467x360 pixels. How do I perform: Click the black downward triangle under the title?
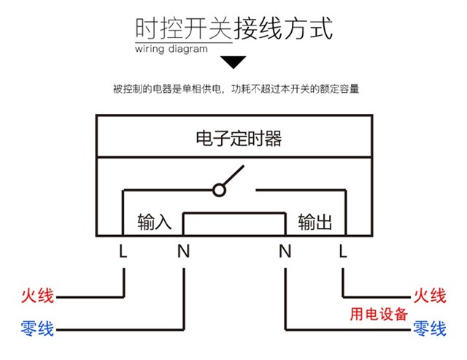coord(233,61)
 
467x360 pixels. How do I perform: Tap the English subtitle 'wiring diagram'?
coord(171,49)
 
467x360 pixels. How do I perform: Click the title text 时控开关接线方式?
coord(233,28)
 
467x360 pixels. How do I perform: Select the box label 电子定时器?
coord(239,138)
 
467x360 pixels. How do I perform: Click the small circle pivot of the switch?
coord(219,190)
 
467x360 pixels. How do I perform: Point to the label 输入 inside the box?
coord(155,222)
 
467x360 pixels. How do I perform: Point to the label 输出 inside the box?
coord(314,222)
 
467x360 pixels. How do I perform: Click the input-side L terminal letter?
coord(123,251)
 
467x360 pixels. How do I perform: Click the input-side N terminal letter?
coord(183,251)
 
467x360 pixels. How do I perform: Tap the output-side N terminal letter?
coord(285,251)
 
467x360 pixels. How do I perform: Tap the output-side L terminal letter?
coord(343,251)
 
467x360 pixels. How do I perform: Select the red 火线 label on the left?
coord(37,296)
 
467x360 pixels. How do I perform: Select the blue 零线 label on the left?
coord(37,329)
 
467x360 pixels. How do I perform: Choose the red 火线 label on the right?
coord(430,296)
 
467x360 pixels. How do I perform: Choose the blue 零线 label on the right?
coord(430,329)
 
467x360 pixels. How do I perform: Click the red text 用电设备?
coord(379,314)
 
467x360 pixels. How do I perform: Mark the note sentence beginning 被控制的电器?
coord(236,89)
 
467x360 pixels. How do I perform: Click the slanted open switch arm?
coord(233,176)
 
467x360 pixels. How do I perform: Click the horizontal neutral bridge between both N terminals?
coord(234,213)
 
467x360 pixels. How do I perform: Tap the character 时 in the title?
coord(147,28)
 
